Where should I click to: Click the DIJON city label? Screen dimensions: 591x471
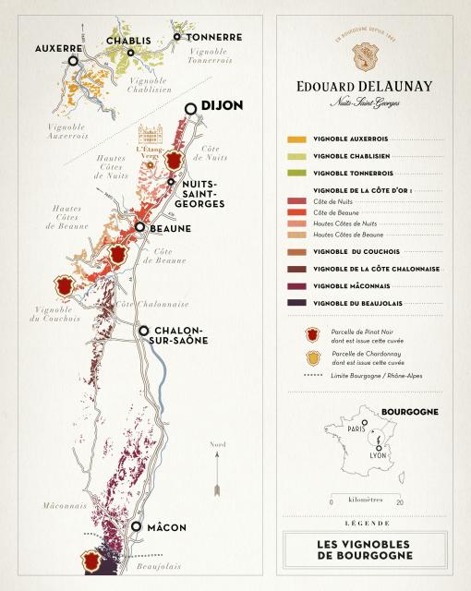click(223, 106)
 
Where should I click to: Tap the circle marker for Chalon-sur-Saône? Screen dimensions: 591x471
click(143, 331)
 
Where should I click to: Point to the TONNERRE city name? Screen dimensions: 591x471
click(214, 37)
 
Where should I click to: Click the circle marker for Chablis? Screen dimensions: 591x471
click(131, 53)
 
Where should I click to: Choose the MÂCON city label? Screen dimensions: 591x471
click(167, 527)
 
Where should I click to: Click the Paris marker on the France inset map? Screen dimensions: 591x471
click(365, 424)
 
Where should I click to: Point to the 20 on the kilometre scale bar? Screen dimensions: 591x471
click(399, 502)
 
